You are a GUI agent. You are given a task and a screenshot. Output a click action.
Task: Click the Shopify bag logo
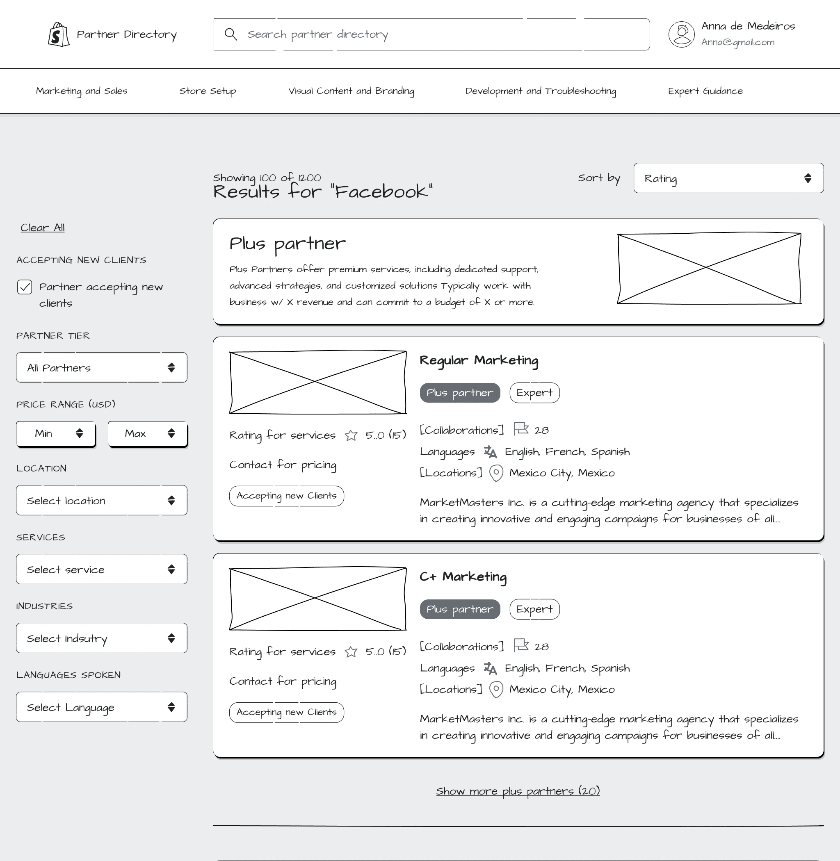coord(59,34)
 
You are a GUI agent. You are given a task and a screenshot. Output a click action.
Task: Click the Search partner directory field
coord(431,34)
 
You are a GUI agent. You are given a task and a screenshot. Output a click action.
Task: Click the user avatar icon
coord(682,34)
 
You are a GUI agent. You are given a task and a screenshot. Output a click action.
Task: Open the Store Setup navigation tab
coord(208,91)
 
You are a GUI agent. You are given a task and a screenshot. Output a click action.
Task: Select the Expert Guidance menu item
coord(705,91)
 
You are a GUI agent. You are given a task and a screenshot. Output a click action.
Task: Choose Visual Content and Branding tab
coord(351,91)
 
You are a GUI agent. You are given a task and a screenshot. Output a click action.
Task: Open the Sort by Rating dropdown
coord(728,178)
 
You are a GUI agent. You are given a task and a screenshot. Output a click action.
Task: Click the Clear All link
coord(42,228)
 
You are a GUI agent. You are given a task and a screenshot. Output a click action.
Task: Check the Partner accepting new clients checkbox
coord(25,287)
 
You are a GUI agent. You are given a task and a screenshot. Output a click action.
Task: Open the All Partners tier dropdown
coord(101,367)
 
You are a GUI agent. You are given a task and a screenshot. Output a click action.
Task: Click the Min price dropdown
coord(56,434)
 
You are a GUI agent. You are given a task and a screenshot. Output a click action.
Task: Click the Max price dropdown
coord(148,434)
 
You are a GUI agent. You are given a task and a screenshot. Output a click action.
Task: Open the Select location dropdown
coord(101,500)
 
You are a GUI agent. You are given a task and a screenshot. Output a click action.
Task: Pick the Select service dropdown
coord(101,569)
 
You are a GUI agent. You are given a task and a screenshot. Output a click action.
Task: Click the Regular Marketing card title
coord(479,360)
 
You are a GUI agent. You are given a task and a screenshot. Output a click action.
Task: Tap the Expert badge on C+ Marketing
coord(535,609)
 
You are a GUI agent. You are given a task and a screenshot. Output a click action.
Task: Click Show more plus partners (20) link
coord(518,791)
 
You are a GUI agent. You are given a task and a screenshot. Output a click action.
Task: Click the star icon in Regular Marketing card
coord(351,435)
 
